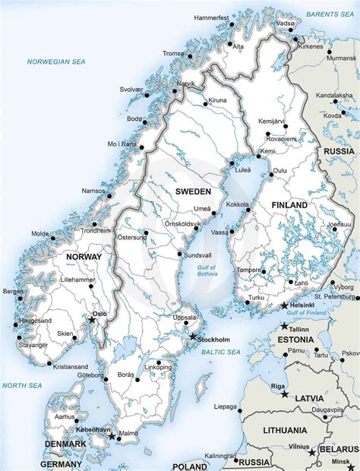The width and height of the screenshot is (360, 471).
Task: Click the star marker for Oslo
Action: pyautogui.click(x=93, y=321)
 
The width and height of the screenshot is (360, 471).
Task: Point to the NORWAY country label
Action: pyautogui.click(x=84, y=257)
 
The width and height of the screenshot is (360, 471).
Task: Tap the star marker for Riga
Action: pyautogui.click(x=284, y=394)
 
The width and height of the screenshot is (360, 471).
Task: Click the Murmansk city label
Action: pyautogui.click(x=340, y=57)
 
